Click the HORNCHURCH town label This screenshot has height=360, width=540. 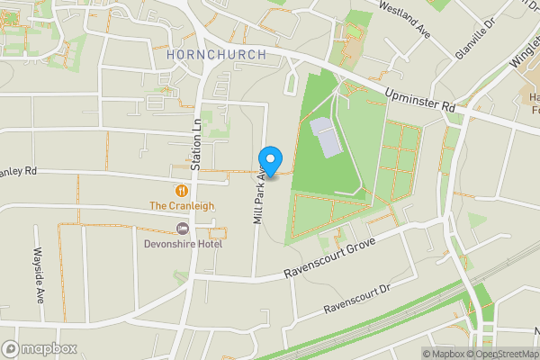(217, 55)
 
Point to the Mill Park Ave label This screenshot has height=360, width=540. (258, 193)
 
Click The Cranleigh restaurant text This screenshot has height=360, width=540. (182, 205)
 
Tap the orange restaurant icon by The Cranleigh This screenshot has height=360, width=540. (183, 190)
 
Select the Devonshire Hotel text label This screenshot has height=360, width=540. (183, 242)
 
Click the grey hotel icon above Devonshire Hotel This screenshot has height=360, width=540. (183, 228)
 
